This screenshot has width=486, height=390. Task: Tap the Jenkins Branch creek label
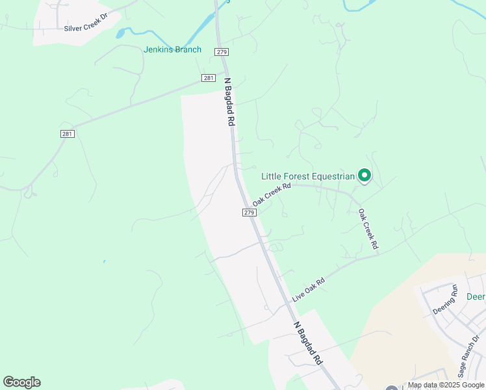click(x=172, y=49)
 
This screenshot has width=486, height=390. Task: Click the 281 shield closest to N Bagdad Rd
click(x=208, y=78)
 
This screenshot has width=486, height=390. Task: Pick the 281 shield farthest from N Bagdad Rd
click(x=68, y=134)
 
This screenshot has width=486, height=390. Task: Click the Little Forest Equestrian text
click(x=308, y=176)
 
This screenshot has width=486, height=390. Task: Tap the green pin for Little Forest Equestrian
click(x=365, y=175)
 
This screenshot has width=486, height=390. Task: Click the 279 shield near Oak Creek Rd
click(x=249, y=213)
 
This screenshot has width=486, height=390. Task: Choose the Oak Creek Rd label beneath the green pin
click(x=368, y=229)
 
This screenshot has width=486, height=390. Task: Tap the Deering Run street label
click(x=446, y=298)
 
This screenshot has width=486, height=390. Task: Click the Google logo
click(x=21, y=382)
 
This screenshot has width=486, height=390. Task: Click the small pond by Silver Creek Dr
click(x=120, y=32)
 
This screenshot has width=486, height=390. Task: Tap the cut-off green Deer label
click(x=476, y=297)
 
